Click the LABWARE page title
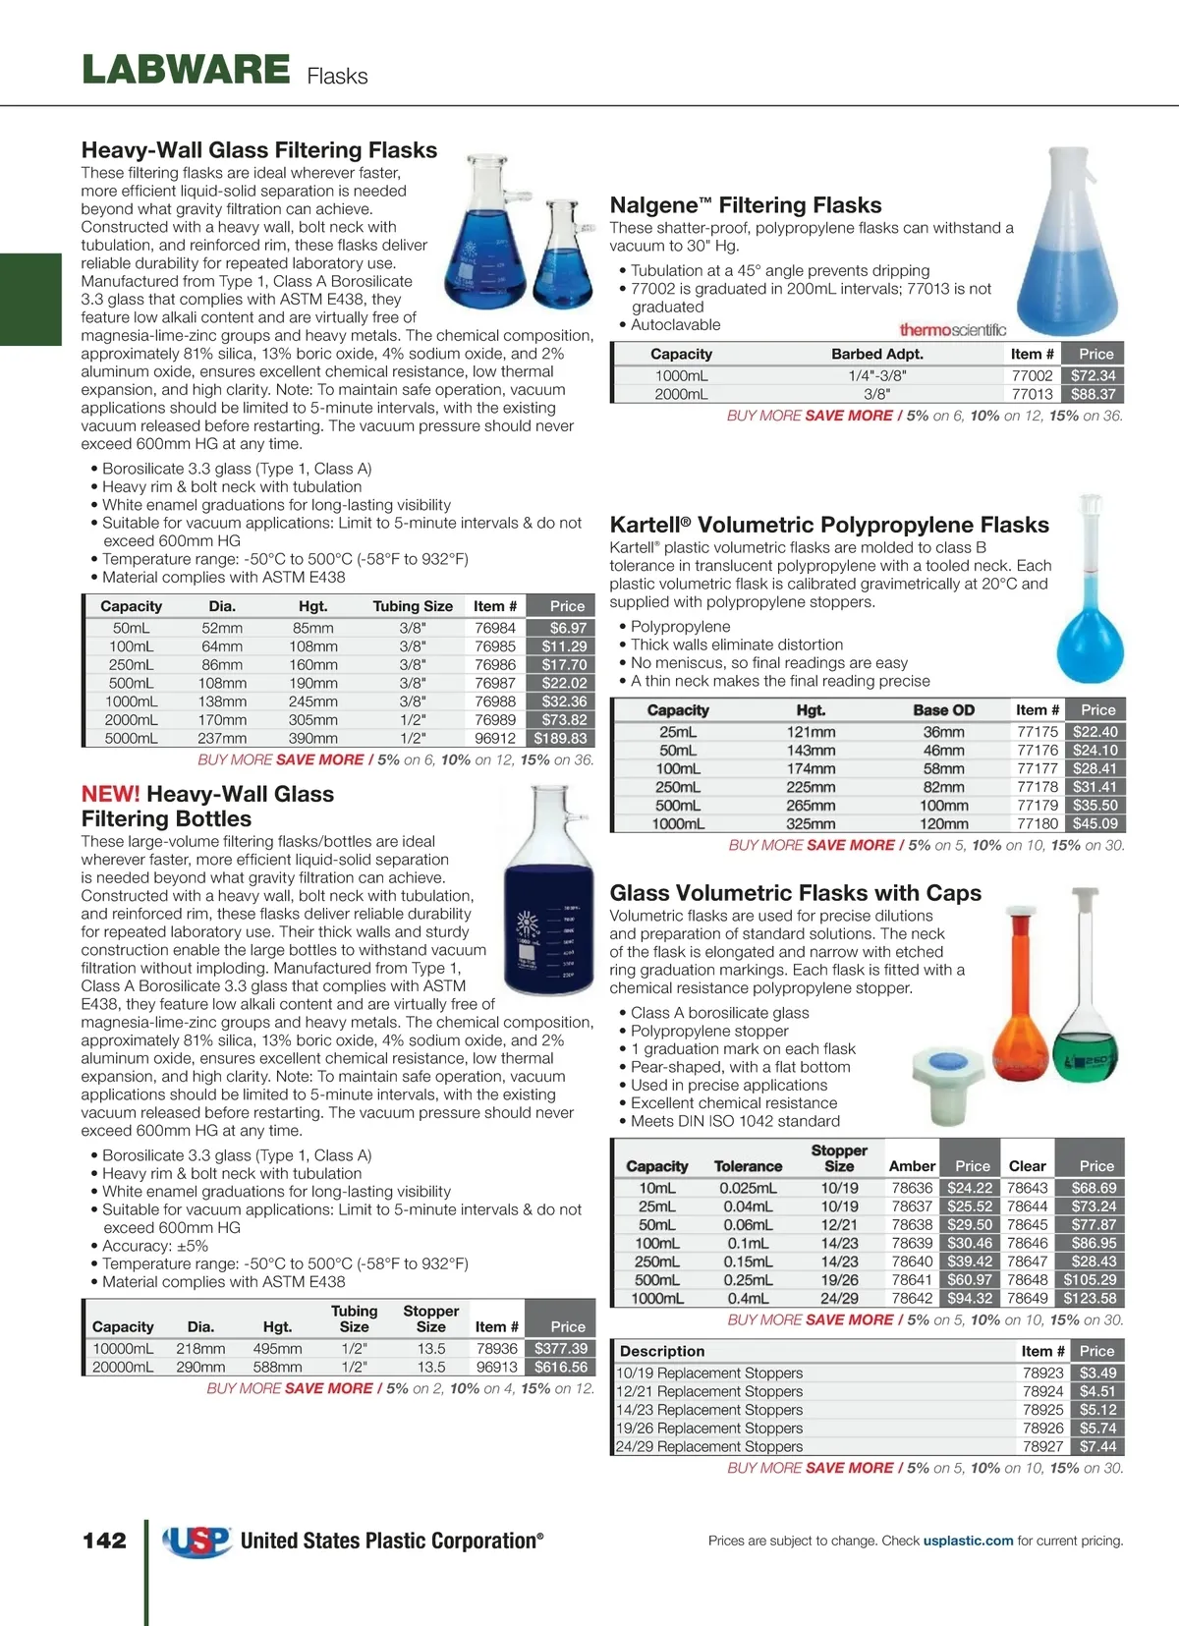point(186,71)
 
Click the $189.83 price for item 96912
point(560,738)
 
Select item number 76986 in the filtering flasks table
point(495,665)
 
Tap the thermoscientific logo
point(952,330)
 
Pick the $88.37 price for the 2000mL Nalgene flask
point(1093,394)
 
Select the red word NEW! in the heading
point(110,794)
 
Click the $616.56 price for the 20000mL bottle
point(560,1367)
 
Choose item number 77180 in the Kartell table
point(1038,823)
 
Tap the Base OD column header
point(943,710)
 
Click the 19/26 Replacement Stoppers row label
point(709,1428)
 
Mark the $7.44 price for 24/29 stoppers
point(1097,1446)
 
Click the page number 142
point(104,1541)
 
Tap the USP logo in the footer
point(197,1542)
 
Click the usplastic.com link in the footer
point(968,1541)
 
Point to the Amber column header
point(912,1166)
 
